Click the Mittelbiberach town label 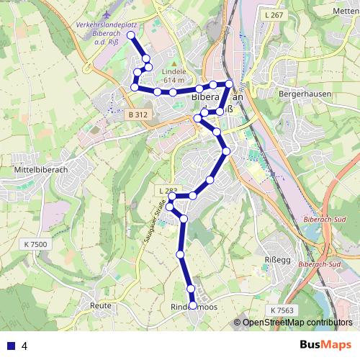click(x=35, y=171)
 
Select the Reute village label click(x=101, y=305)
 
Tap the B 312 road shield click(x=137, y=115)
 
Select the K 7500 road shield click(x=35, y=245)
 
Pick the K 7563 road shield click(x=282, y=310)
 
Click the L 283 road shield click(x=166, y=192)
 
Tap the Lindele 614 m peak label click(x=174, y=76)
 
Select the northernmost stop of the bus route click(x=131, y=35)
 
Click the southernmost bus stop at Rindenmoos click(x=193, y=305)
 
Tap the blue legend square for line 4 click(x=10, y=346)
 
